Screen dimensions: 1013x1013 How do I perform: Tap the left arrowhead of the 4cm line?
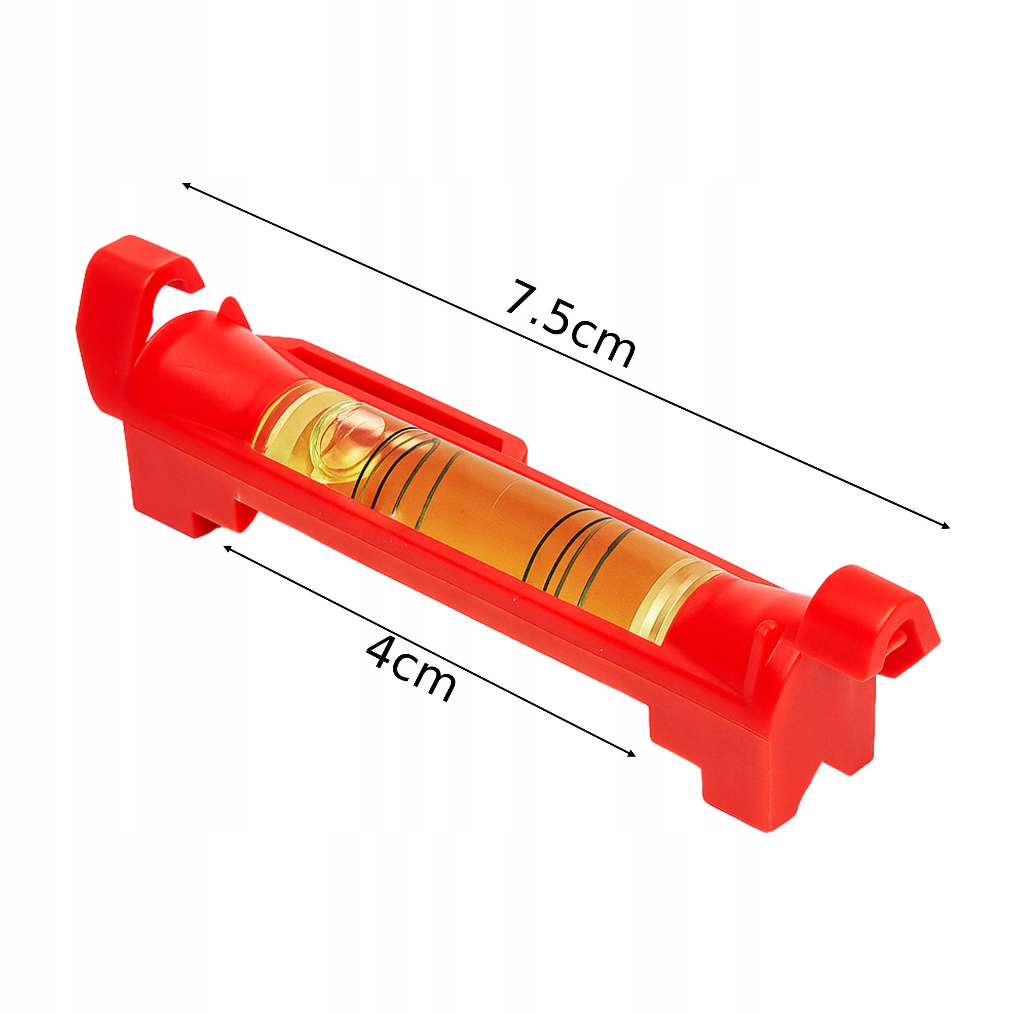point(228,548)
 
